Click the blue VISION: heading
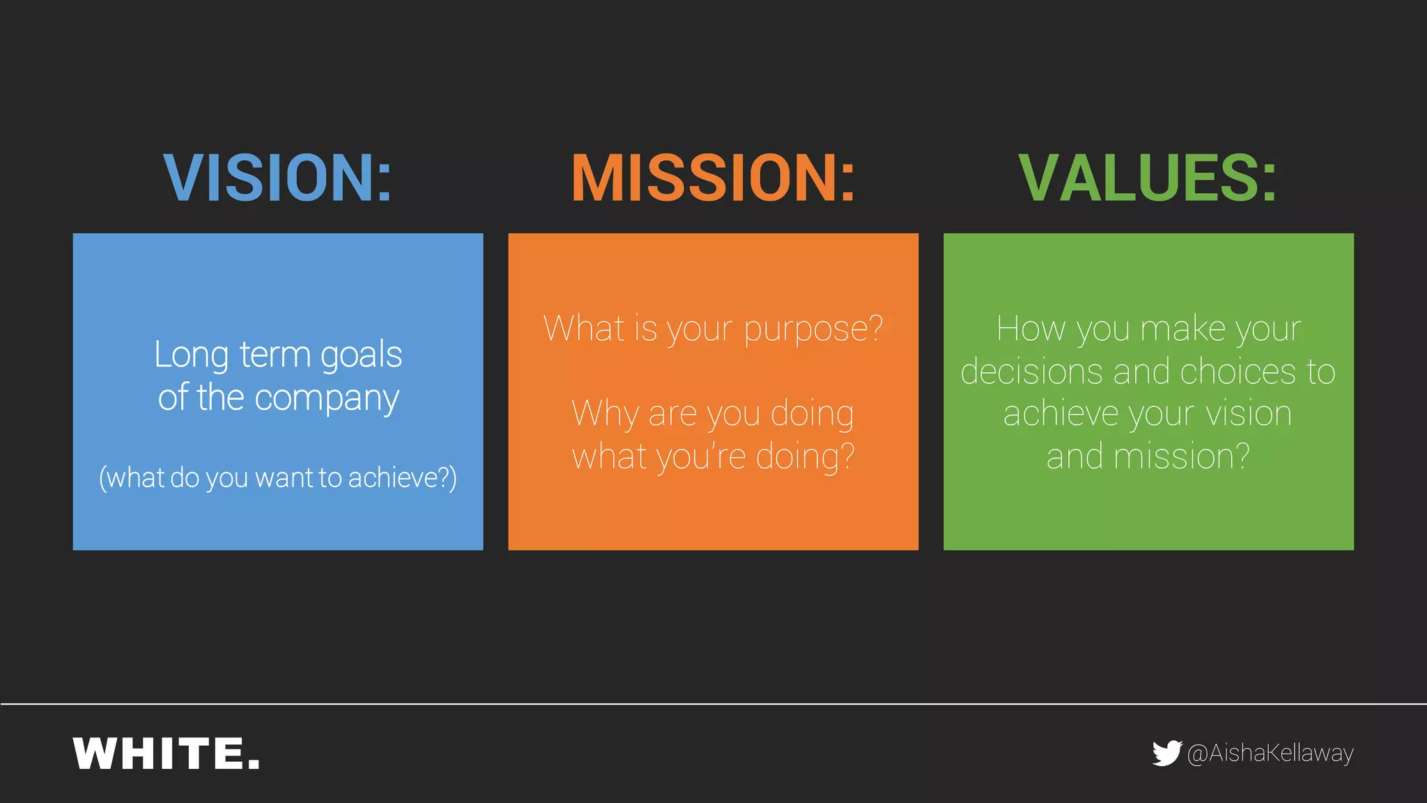click(x=277, y=178)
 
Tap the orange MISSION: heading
click(x=713, y=178)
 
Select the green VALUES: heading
click(x=1148, y=178)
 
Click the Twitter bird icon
click(x=1166, y=753)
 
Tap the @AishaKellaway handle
click(x=1270, y=754)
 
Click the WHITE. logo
click(x=167, y=754)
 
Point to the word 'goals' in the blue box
click(x=361, y=355)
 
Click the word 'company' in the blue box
click(x=327, y=399)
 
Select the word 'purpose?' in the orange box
click(x=813, y=329)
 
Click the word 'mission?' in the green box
click(x=1182, y=457)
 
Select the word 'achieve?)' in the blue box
click(x=403, y=478)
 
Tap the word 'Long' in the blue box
click(x=191, y=355)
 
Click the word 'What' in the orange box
click(x=584, y=329)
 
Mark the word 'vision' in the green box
click(x=1249, y=414)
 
